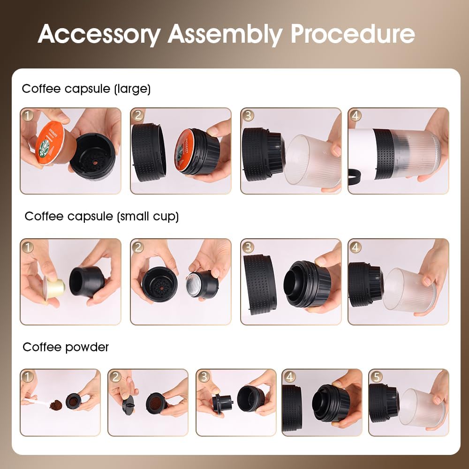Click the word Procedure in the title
click(x=353, y=34)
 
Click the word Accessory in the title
click(x=98, y=34)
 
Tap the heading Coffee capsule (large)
click(x=86, y=89)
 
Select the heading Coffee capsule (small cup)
click(x=102, y=216)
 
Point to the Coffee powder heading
click(x=66, y=347)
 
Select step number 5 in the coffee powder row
click(x=376, y=377)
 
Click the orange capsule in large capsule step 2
click(x=185, y=150)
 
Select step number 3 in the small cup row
click(x=248, y=247)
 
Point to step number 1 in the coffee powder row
click(x=28, y=377)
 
